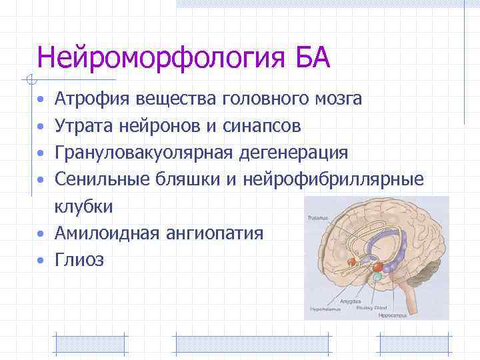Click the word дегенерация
pyautogui.click(x=303, y=153)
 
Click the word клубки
pyautogui.click(x=84, y=207)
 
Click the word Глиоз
pyautogui.click(x=79, y=260)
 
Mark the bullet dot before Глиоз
pyautogui.click(x=41, y=261)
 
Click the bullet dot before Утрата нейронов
pyautogui.click(x=41, y=127)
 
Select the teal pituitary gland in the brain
pyautogui.click(x=377, y=275)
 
